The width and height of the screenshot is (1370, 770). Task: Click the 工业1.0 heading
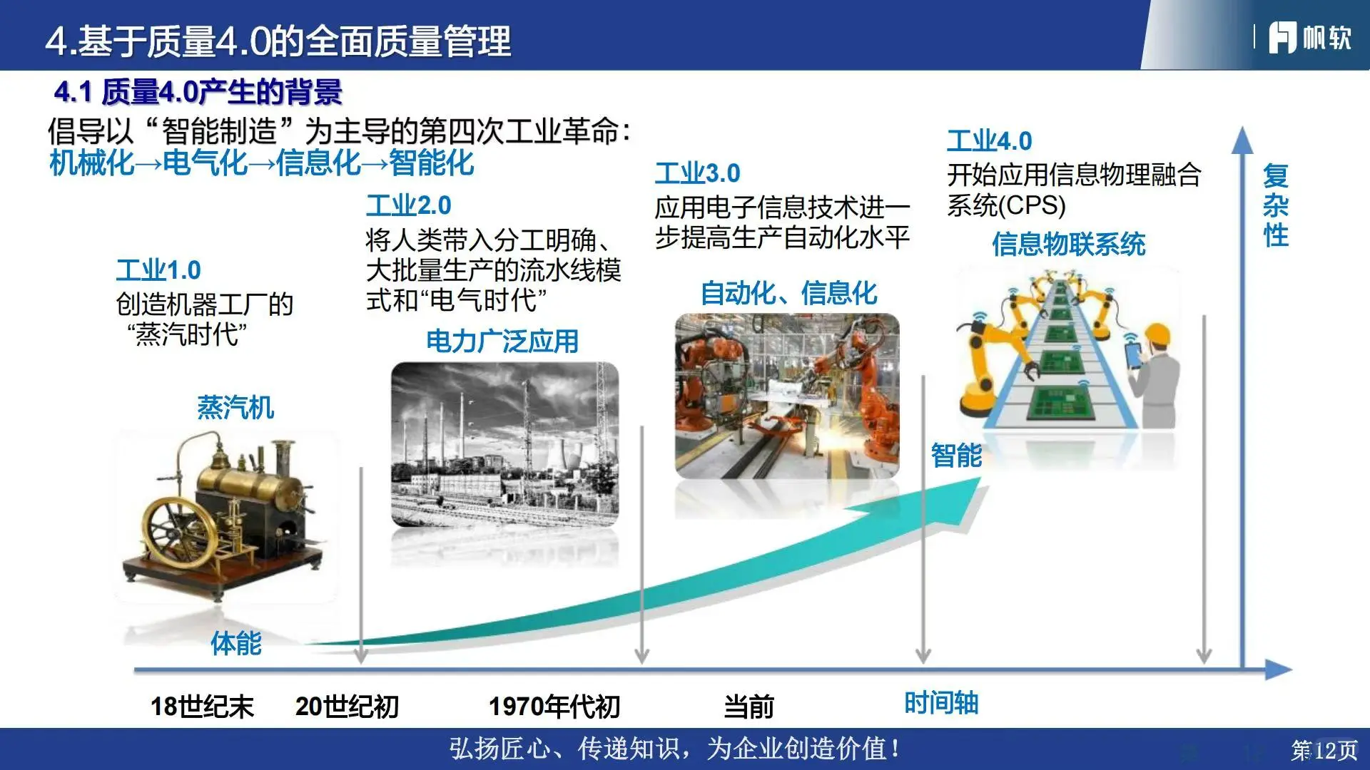pyautogui.click(x=158, y=270)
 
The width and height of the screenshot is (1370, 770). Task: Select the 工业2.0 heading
pyautogui.click(x=409, y=205)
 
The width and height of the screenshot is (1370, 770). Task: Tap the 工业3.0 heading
pyautogui.click(x=698, y=173)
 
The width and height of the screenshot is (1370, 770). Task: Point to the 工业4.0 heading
pyautogui.click(x=989, y=141)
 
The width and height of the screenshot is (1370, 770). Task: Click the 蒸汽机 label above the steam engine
pyautogui.click(x=235, y=408)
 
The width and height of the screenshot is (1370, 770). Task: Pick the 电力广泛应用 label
pyautogui.click(x=502, y=342)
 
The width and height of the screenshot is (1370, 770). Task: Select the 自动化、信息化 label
pyautogui.click(x=788, y=293)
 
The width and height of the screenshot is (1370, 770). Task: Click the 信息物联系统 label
pyautogui.click(x=1068, y=245)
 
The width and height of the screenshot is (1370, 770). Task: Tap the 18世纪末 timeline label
pyautogui.click(x=202, y=707)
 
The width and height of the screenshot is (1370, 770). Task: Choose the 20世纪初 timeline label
pyautogui.click(x=347, y=707)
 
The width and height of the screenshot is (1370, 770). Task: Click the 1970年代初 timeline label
pyautogui.click(x=554, y=707)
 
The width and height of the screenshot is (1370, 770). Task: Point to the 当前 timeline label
pyautogui.click(x=749, y=707)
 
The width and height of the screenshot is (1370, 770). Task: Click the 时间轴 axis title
pyautogui.click(x=941, y=703)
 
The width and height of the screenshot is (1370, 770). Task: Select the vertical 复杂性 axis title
pyautogui.click(x=1275, y=205)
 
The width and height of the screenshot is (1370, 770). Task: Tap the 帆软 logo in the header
pyautogui.click(x=1309, y=37)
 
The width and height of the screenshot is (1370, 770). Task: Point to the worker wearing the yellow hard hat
pyautogui.click(x=1156, y=371)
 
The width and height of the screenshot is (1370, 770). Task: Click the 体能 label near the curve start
pyautogui.click(x=236, y=643)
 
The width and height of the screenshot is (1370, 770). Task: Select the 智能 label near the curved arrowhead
pyautogui.click(x=956, y=455)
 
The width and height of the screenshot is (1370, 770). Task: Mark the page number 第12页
pyautogui.click(x=1324, y=750)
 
